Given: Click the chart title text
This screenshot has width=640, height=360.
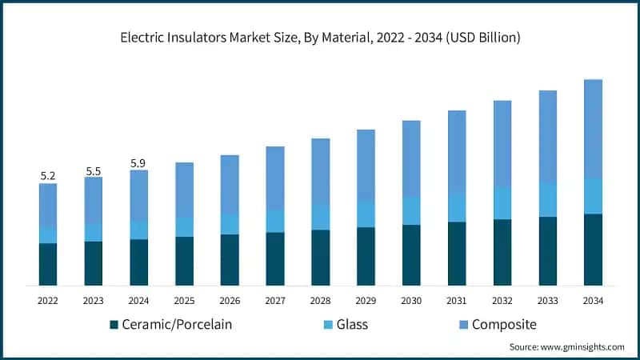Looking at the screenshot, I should (320, 37).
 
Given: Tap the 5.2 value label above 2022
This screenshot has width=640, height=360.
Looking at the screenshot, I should (48, 175).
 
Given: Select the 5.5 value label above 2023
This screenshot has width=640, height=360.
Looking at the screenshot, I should (93, 170).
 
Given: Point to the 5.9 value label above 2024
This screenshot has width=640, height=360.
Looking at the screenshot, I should (138, 163).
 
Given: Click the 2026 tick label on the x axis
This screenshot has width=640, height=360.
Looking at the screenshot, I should (230, 300).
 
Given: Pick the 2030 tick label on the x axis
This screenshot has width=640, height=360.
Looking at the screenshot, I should (411, 300).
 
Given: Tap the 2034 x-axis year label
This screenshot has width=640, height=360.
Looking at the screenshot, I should (593, 300).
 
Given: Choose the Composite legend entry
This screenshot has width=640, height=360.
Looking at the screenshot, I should (496, 324).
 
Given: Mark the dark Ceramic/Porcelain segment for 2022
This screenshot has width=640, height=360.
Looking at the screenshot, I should (48, 264).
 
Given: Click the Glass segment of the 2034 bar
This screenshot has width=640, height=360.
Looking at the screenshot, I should (593, 196).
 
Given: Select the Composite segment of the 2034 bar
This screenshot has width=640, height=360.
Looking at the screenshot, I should (593, 128).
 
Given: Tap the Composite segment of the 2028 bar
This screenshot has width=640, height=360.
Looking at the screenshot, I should (320, 171).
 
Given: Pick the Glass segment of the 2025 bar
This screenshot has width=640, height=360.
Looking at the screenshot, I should (184, 226).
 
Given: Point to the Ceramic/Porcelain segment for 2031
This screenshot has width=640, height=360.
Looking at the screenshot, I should (457, 254).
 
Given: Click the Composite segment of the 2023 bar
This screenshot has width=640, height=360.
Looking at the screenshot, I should (94, 200).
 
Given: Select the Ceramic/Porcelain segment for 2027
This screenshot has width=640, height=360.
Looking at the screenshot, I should (275, 258).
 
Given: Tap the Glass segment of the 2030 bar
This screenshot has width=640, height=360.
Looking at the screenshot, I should (411, 210).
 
